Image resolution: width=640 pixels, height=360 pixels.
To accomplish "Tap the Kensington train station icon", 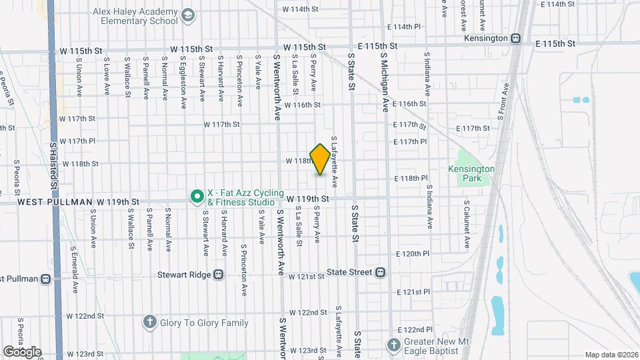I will pyautogui.click(x=516, y=39).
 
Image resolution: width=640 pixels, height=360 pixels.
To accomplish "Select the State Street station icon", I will pyautogui.click(x=380, y=272).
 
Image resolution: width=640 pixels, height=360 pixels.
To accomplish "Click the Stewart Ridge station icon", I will pyautogui.click(x=218, y=275).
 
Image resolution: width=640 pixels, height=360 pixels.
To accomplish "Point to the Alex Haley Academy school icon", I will pyautogui.click(x=189, y=15).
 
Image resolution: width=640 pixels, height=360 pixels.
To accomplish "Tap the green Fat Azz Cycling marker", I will pyautogui.click(x=197, y=196).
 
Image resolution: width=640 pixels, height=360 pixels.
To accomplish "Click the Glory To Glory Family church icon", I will pyautogui.click(x=151, y=323).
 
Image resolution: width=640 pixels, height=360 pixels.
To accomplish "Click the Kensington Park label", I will pyautogui.click(x=472, y=175).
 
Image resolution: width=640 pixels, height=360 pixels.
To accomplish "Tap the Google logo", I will pyautogui.click(x=22, y=352).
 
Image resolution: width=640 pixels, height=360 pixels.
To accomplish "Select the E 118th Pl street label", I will pyautogui.click(x=411, y=179).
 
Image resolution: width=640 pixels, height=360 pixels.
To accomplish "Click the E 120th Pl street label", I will pyautogui.click(x=411, y=254).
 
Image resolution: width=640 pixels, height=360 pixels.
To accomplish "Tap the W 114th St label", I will pyautogui.click(x=301, y=9).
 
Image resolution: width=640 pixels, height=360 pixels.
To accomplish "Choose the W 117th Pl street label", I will pyautogui.click(x=78, y=141).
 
